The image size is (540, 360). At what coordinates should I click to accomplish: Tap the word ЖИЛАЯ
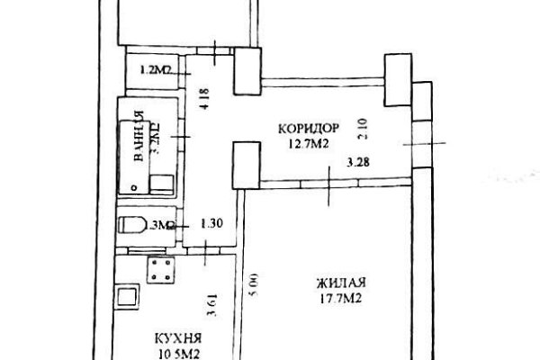340,281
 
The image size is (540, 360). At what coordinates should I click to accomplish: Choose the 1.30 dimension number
211,224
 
